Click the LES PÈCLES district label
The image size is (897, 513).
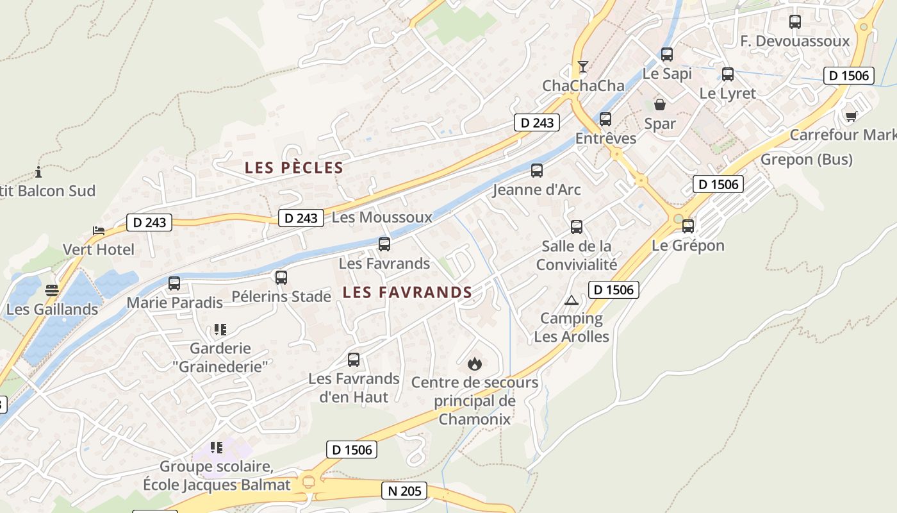pyautogui.click(x=294, y=168)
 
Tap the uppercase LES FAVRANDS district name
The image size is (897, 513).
pyautogui.click(x=407, y=292)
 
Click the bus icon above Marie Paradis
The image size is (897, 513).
pyautogui.click(x=174, y=283)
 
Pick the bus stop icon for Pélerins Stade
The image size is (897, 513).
pyautogui.click(x=281, y=278)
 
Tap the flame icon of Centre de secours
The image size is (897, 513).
pyautogui.click(x=475, y=364)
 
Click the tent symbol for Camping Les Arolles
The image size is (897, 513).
pyautogui.click(x=571, y=300)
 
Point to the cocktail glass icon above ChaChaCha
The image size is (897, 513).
pyautogui.click(x=582, y=67)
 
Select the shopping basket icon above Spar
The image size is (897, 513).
pyautogui.click(x=659, y=104)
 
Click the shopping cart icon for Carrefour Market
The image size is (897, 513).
pyautogui.click(x=851, y=116)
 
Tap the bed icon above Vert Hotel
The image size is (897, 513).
pyautogui.click(x=99, y=231)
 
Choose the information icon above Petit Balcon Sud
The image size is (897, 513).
pyautogui.click(x=39, y=172)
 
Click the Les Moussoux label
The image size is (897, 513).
pyautogui.click(x=382, y=217)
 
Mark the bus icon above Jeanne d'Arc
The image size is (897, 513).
pyautogui.click(x=537, y=171)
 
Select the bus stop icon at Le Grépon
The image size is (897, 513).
pyautogui.click(x=688, y=226)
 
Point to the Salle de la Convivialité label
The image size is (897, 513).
pyautogui.click(x=577, y=255)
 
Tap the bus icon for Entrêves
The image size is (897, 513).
pyautogui.click(x=605, y=119)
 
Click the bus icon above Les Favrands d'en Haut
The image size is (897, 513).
pyautogui.click(x=354, y=360)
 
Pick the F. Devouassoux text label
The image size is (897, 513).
pyautogui.click(x=794, y=42)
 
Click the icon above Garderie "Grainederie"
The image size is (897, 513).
pyautogui.click(x=220, y=330)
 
